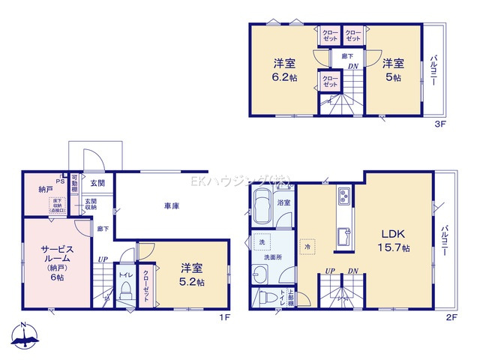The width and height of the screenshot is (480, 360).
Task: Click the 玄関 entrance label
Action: [97, 183]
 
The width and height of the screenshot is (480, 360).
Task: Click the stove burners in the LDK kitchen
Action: [343, 198]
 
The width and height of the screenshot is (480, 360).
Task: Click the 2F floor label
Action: [451, 318]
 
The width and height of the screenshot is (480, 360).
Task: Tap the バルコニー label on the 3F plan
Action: [435, 72]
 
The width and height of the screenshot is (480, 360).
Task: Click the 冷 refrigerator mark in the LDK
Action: [307, 245]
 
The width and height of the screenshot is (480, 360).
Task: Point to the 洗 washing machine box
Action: [262, 243]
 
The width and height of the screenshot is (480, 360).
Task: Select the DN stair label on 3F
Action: [352, 66]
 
